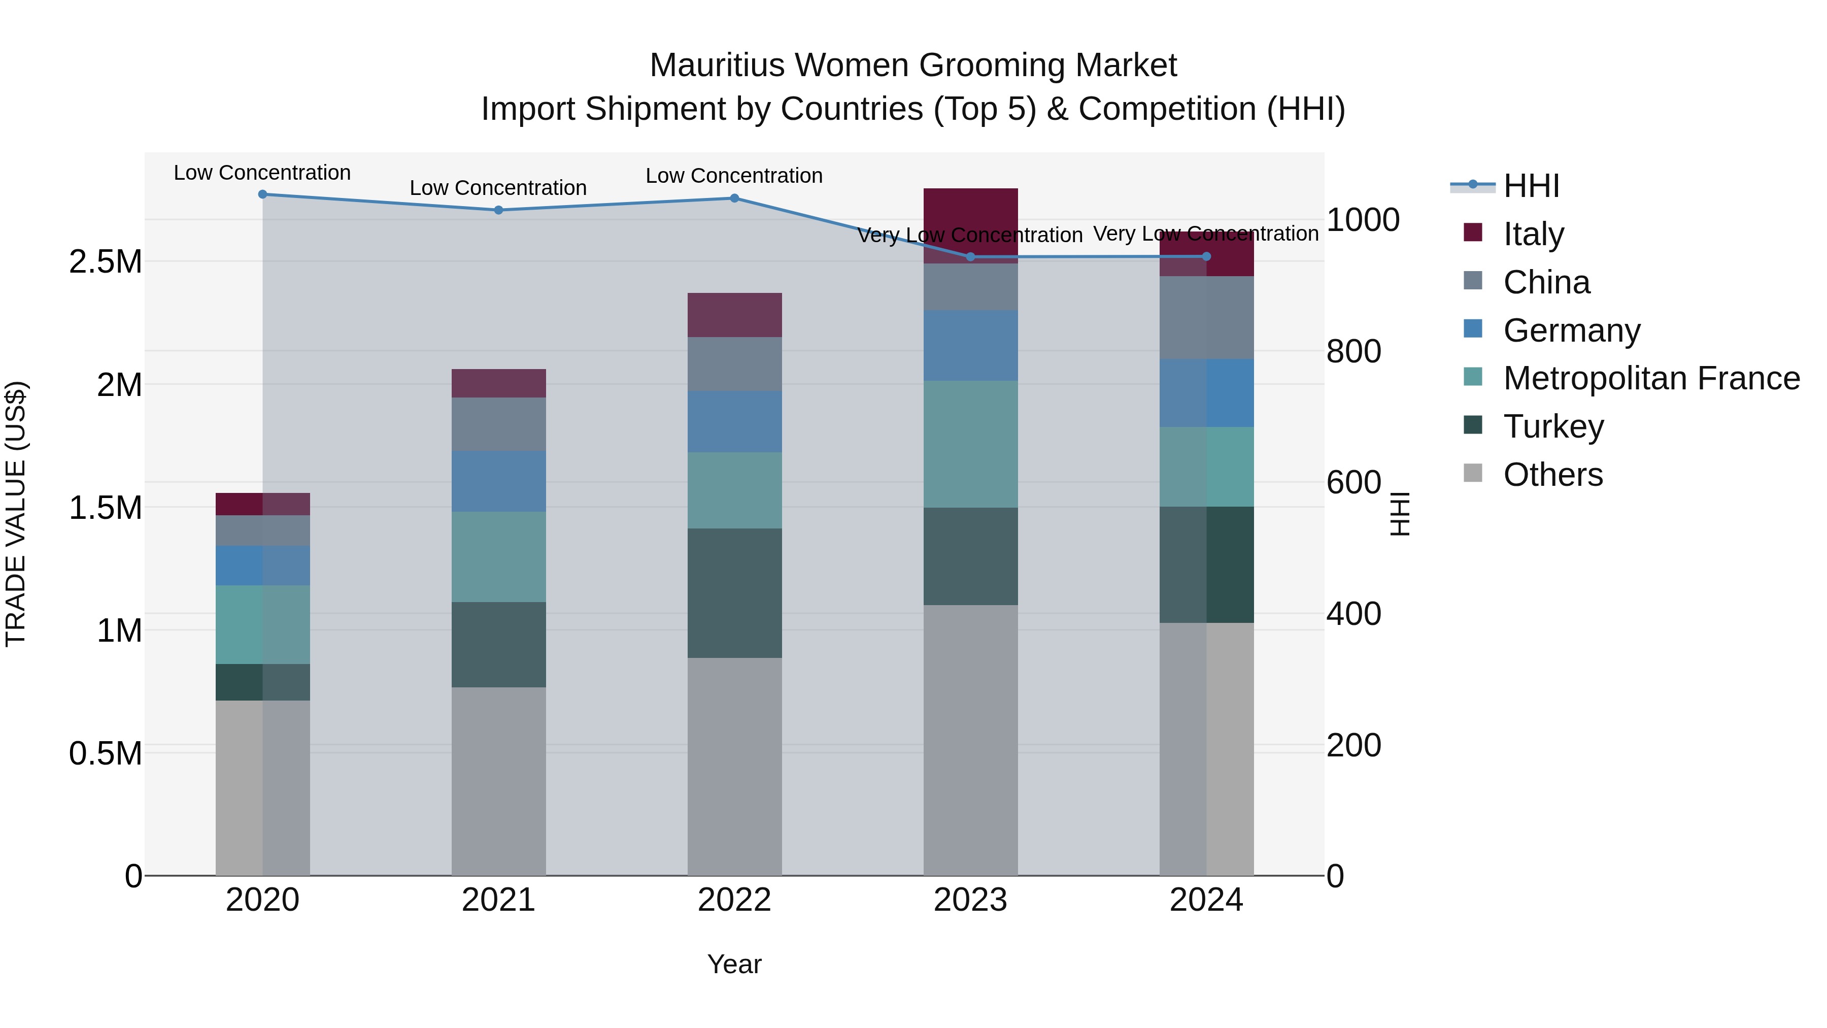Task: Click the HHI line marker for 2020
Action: pyautogui.click(x=262, y=194)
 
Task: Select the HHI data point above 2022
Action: pyautogui.click(x=734, y=198)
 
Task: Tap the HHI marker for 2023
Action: pyautogui.click(x=970, y=257)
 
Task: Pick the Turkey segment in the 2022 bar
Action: pyautogui.click(x=734, y=593)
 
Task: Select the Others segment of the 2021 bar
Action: pyautogui.click(x=498, y=780)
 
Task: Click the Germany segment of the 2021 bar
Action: pyautogui.click(x=498, y=481)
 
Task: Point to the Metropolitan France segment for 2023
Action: pyautogui.click(x=970, y=444)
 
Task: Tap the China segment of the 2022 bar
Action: pyautogui.click(x=734, y=364)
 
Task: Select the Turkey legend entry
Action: pyautogui.click(x=1553, y=426)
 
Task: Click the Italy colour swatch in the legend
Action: pyautogui.click(x=1472, y=233)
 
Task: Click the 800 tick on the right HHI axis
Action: pyautogui.click(x=1353, y=351)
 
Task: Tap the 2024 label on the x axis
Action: pyautogui.click(x=1206, y=900)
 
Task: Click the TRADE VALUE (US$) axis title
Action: pyautogui.click(x=16, y=514)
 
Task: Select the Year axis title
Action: pyautogui.click(x=734, y=964)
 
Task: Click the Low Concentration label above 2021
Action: pyautogui.click(x=498, y=188)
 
